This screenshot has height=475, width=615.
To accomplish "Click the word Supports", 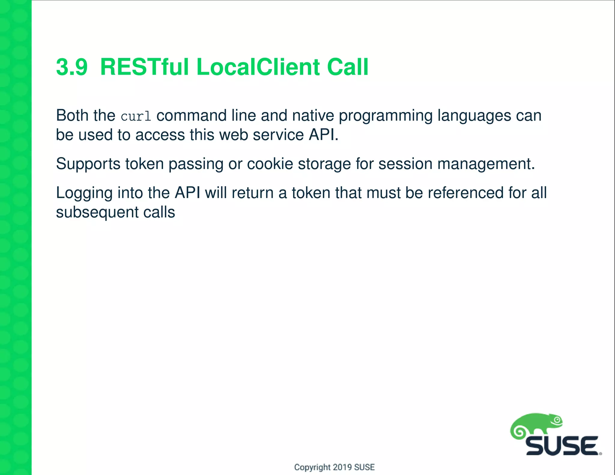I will pos(88,164).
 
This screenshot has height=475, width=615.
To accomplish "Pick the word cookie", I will pos(270,164).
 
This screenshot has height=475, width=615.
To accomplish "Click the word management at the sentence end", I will pos(486,164).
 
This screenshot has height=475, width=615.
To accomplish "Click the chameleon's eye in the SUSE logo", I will pos(557,420).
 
